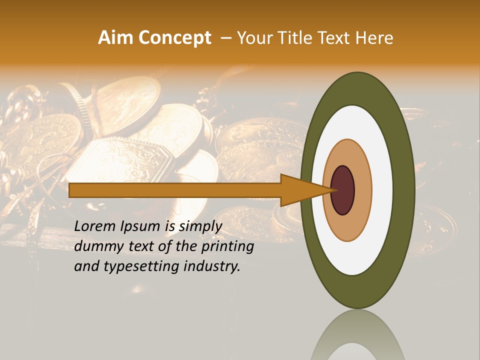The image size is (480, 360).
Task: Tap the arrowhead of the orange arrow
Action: (300, 190)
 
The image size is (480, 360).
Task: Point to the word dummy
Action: (95, 246)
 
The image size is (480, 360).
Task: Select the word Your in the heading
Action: (252, 38)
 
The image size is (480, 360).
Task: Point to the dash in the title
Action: (225, 38)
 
